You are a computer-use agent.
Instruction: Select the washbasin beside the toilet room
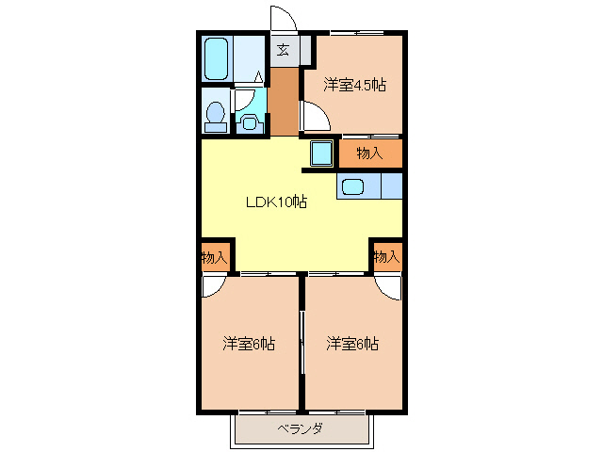click(249, 119)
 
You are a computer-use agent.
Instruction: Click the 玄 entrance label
click(283, 51)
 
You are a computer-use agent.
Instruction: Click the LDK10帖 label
click(276, 201)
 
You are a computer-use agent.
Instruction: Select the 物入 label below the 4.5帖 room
click(368, 153)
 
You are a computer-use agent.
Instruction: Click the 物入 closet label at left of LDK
click(214, 256)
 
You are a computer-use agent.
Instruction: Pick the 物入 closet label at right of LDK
click(386, 256)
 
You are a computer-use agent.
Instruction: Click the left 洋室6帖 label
click(249, 344)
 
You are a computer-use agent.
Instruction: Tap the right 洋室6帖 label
click(352, 344)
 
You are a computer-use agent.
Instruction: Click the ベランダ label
click(301, 429)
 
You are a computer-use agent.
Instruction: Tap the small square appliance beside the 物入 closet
click(321, 153)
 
